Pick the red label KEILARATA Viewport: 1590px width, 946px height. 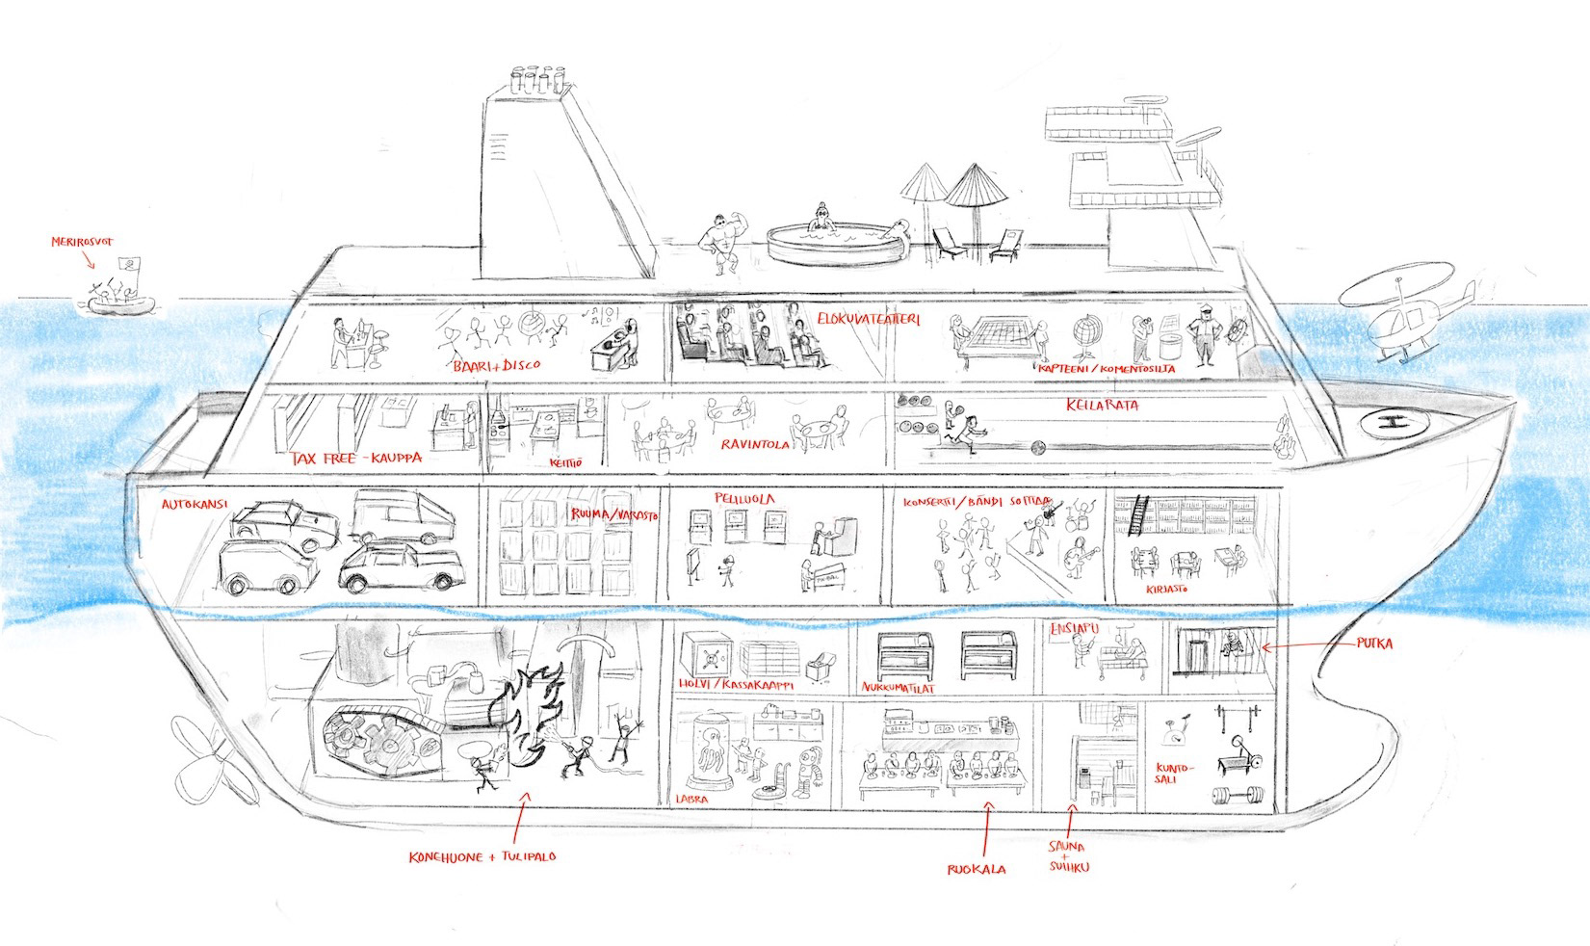pos(1102,406)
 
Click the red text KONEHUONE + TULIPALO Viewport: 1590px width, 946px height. pos(482,856)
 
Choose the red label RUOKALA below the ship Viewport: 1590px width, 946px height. pos(976,870)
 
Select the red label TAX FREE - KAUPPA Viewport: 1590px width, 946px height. pos(356,459)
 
